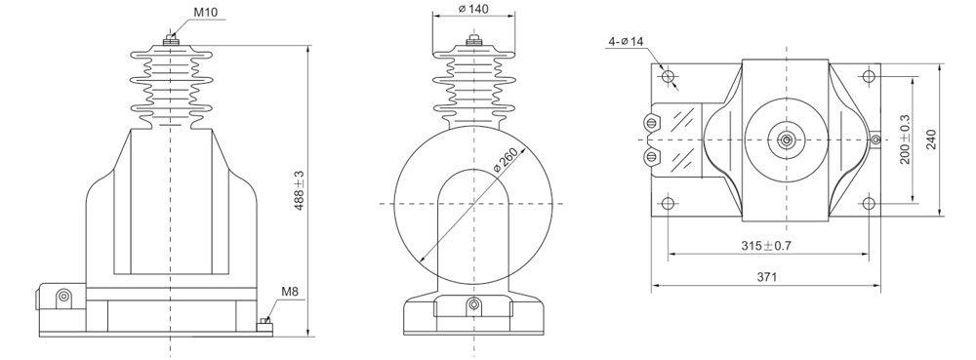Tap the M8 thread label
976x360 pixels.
coord(290,291)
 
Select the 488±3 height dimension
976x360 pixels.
coord(300,191)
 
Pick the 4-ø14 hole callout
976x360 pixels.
coord(627,42)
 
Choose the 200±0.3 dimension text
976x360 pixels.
coord(905,140)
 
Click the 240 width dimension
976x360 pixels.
coord(930,140)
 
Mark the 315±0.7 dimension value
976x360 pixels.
coord(766,246)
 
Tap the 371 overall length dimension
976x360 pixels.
coord(767,277)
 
